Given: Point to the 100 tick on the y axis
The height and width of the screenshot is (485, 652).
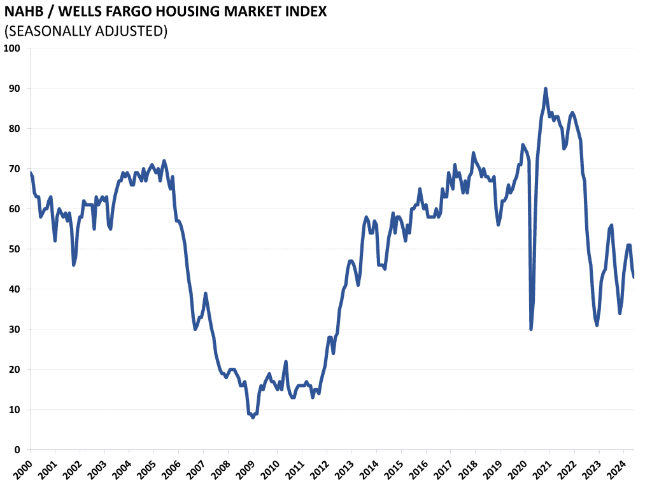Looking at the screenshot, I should [x=12, y=48].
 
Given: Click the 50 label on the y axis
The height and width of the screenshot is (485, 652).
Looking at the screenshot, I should [x=15, y=249].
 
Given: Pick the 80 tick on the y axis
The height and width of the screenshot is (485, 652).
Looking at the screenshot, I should [x=15, y=129].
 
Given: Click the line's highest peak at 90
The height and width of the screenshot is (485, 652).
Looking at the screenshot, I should [x=546, y=89].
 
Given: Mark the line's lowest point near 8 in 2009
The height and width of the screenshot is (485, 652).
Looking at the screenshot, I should [x=253, y=417].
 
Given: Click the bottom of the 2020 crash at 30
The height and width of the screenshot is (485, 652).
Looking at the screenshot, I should [x=531, y=329].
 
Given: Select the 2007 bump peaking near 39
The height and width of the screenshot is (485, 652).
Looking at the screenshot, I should [x=206, y=293].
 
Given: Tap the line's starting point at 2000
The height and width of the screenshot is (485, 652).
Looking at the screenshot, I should [x=30, y=173].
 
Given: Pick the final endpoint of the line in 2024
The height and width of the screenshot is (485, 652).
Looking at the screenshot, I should [x=634, y=277].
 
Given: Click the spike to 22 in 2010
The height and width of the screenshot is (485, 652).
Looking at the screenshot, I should [x=286, y=361].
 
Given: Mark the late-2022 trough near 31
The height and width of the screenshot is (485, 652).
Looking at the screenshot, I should [x=597, y=325].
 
